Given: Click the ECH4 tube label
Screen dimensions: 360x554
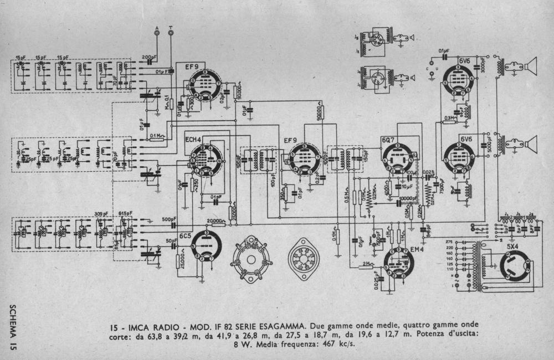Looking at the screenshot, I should (193, 139).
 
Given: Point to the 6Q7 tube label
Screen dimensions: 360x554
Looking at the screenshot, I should (388, 140).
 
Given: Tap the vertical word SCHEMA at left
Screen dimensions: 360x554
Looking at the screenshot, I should (13, 321).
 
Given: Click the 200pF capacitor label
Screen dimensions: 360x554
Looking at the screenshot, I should (148, 58).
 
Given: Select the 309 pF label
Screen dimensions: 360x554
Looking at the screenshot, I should (100, 213).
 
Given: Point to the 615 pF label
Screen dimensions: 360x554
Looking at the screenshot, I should (125, 213).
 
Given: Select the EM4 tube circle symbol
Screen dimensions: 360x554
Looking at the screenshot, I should (399, 262).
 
